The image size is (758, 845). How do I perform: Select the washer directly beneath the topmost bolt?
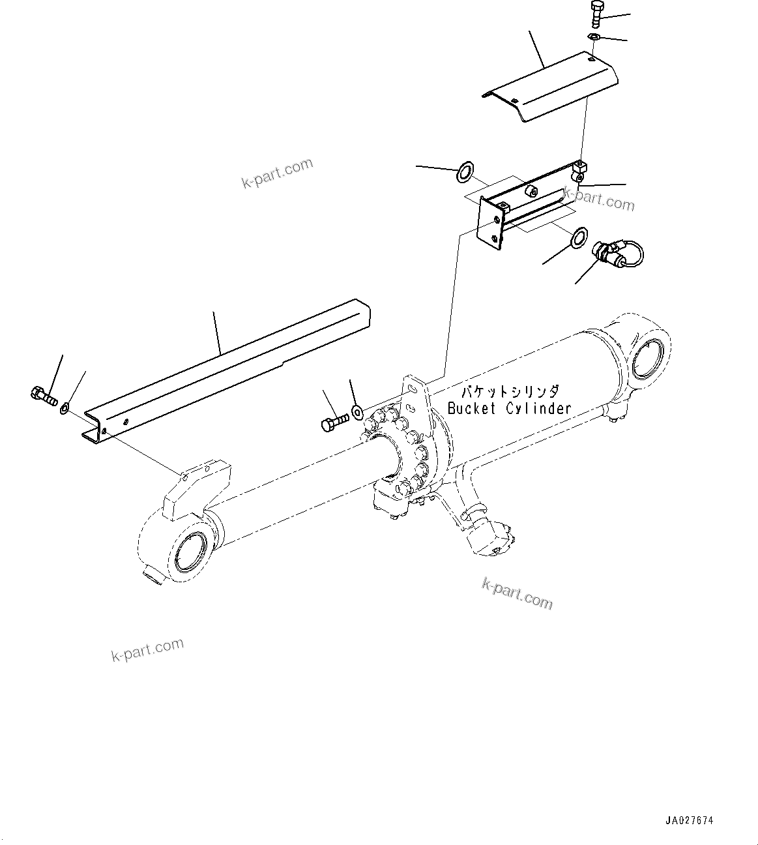tap(593, 37)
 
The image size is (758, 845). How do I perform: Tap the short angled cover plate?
tap(551, 87)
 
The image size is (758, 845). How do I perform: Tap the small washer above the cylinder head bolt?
tap(357, 411)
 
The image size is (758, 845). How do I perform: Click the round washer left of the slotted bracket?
tap(465, 173)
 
